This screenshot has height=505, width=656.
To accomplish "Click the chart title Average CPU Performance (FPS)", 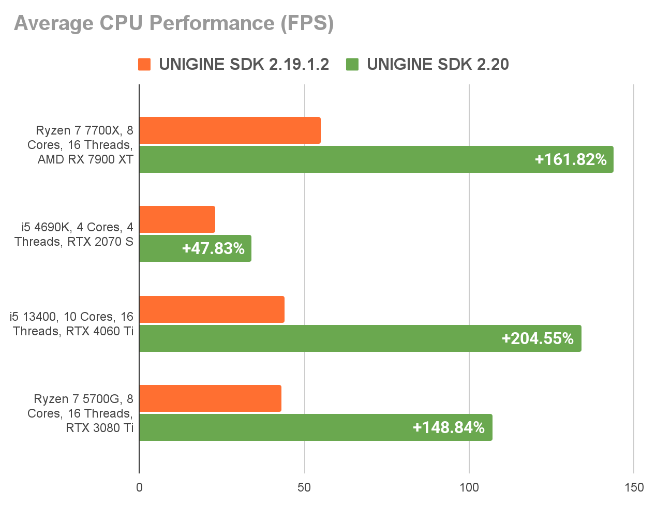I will tap(174, 24).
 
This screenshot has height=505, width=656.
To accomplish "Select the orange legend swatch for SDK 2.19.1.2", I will tap(144, 64).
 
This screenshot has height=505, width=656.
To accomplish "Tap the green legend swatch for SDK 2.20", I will tap(352, 64).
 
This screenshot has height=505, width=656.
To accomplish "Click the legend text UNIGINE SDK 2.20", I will tap(438, 64).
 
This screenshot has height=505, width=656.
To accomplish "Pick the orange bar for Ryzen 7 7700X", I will tap(230, 130).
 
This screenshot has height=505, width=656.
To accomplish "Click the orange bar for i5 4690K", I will tap(177, 219).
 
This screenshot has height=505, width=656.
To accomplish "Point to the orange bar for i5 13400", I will tap(212, 309).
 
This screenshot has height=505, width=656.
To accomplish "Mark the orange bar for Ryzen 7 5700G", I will tap(210, 398).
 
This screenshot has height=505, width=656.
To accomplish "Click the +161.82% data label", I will tap(570, 159).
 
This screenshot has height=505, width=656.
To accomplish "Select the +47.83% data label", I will tap(213, 248).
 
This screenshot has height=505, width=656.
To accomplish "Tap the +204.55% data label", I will tap(538, 338).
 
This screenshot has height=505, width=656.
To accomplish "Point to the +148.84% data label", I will tap(449, 427).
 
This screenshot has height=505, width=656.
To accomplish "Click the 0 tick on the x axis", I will tap(139, 487).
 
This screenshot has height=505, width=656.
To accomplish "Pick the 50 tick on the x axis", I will tap(304, 487).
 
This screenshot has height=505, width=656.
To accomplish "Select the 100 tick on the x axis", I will tap(469, 487).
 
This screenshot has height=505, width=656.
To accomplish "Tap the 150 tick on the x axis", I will tap(634, 487).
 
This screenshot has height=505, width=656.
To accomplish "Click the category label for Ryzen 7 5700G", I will tap(83, 413).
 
